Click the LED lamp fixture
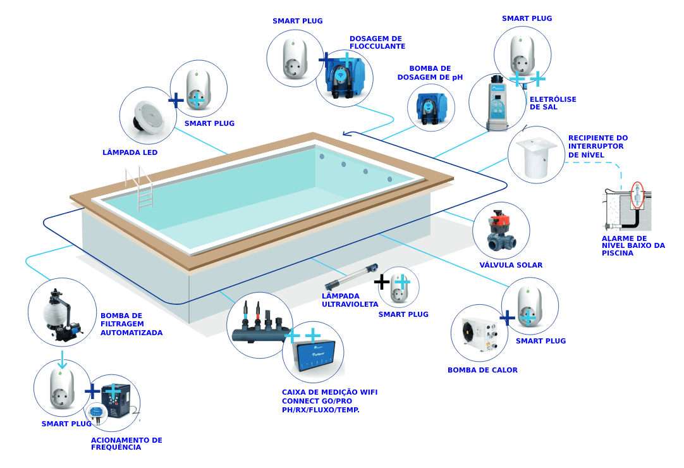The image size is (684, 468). (147, 115)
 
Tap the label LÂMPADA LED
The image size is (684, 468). (130, 153)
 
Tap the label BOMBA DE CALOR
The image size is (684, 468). (482, 370)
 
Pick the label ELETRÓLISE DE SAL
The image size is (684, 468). (544, 103)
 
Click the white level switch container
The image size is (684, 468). (536, 155)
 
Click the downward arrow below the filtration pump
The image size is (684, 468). (62, 360)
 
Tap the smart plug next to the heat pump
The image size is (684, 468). (530, 305)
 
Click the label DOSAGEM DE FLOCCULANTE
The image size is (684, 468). (377, 42)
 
